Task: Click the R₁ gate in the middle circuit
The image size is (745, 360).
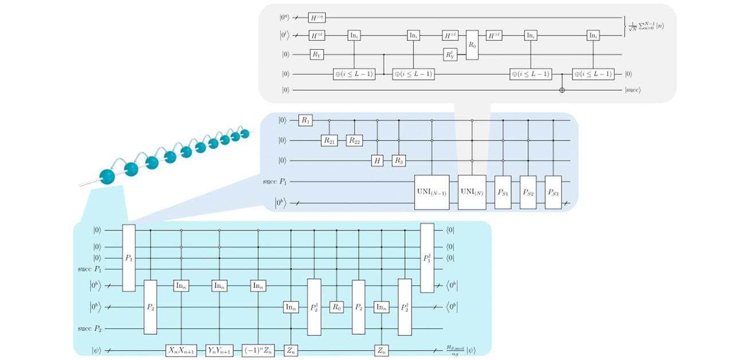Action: click(x=305, y=120)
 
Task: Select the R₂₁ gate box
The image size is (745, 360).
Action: click(x=329, y=140)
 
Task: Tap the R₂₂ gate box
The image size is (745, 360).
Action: click(x=355, y=140)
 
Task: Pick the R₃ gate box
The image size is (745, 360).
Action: click(x=399, y=161)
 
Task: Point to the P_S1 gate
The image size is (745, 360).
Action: click(x=503, y=191)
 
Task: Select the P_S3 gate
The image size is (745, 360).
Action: click(x=554, y=191)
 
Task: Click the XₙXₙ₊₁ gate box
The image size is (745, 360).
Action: click(x=182, y=350)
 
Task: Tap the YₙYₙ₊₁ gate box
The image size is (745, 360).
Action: click(x=220, y=350)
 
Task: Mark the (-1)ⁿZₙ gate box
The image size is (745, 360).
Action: click(x=258, y=350)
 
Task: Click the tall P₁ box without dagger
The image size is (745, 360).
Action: click(x=129, y=257)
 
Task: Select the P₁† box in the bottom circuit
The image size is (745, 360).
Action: click(x=428, y=257)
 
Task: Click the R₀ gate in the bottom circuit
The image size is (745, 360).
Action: click(x=336, y=307)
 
